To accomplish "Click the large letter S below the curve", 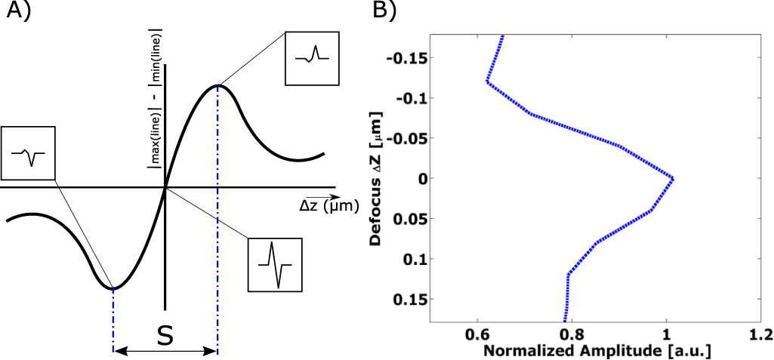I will (165, 337).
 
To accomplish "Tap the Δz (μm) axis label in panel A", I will (323, 205).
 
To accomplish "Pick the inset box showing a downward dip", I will (28, 153).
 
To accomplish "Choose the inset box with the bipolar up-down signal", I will (274, 264).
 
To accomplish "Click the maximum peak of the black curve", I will (218, 85).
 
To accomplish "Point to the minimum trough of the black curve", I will (113, 288).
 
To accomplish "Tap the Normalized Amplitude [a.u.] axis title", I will (598, 351).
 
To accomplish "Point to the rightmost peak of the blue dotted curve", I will (672, 178).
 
